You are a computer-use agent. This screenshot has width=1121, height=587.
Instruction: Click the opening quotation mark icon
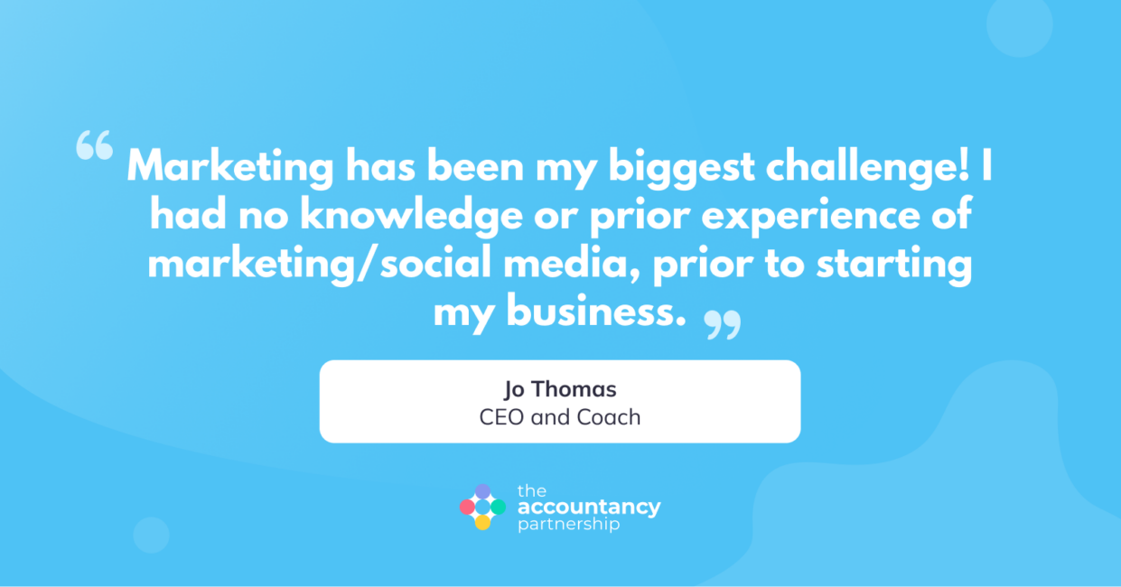pos(94,145)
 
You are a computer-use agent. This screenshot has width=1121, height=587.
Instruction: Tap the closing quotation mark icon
pos(722,325)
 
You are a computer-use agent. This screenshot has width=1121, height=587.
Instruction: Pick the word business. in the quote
pos(595,312)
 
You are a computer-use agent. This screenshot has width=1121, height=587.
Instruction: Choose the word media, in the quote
pos(572,263)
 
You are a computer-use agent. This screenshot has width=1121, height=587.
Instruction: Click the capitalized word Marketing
pos(230,168)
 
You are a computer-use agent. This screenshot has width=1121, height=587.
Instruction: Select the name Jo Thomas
pos(560,389)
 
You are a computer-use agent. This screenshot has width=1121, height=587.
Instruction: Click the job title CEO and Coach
pos(560,417)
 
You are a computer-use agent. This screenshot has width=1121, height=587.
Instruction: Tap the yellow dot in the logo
pos(482,523)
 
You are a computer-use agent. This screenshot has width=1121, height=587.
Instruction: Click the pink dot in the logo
pos(467,507)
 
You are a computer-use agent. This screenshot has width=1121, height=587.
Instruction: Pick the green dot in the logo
pos(498,507)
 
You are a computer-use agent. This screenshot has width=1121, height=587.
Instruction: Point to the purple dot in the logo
pos(482,491)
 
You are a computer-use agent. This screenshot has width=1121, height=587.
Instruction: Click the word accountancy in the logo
pos(589,508)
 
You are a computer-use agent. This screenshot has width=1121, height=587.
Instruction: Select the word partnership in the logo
pos(568,525)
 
